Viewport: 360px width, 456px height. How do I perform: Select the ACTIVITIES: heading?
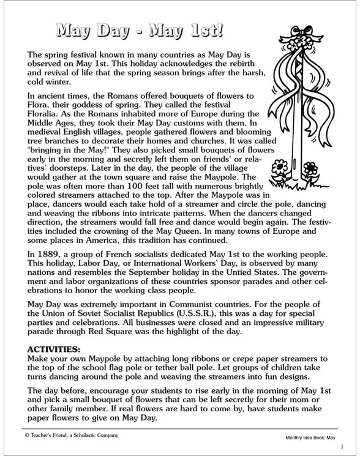[x=59, y=349]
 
